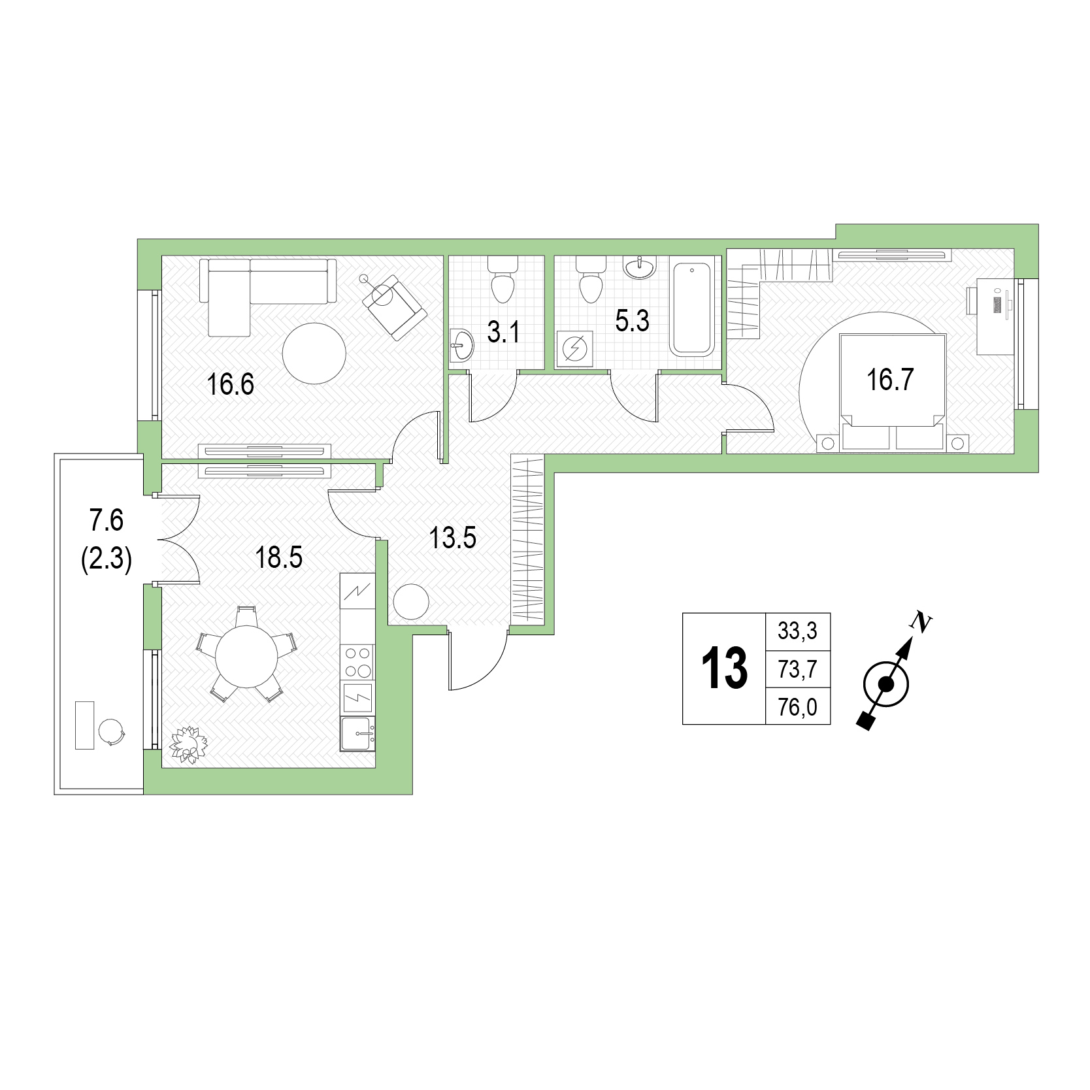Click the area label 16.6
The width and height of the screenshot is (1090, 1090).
click(x=230, y=384)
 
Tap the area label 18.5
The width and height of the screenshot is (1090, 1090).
click(x=279, y=558)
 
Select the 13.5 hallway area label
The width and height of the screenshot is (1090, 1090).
click(x=453, y=538)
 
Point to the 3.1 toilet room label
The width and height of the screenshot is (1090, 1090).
click(x=503, y=332)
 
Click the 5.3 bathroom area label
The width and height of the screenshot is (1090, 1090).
click(x=633, y=321)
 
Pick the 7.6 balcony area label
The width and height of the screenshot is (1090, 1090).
click(x=107, y=521)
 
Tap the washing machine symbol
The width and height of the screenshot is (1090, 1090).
click(x=575, y=349)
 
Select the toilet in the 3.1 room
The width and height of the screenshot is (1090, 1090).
click(x=503, y=279)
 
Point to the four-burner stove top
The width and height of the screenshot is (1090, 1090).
click(x=357, y=661)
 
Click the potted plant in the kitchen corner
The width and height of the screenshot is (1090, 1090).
click(x=188, y=744)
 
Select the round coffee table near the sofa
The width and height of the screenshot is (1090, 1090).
click(x=314, y=354)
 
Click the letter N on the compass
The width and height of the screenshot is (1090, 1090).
click(x=921, y=623)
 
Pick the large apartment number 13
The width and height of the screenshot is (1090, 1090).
click(x=724, y=669)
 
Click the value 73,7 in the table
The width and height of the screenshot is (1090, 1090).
click(x=797, y=669)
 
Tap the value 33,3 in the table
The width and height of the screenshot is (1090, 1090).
click(x=797, y=631)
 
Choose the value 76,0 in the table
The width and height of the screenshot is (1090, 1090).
click(x=797, y=707)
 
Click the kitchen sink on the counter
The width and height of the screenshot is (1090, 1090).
click(x=357, y=734)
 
